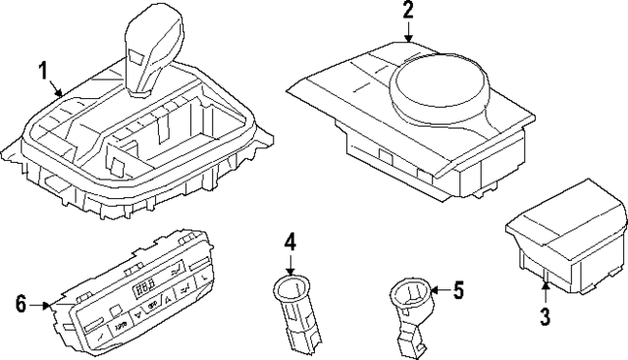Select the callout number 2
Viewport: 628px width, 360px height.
[x=408, y=12]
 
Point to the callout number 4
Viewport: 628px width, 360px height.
[x=290, y=238]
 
